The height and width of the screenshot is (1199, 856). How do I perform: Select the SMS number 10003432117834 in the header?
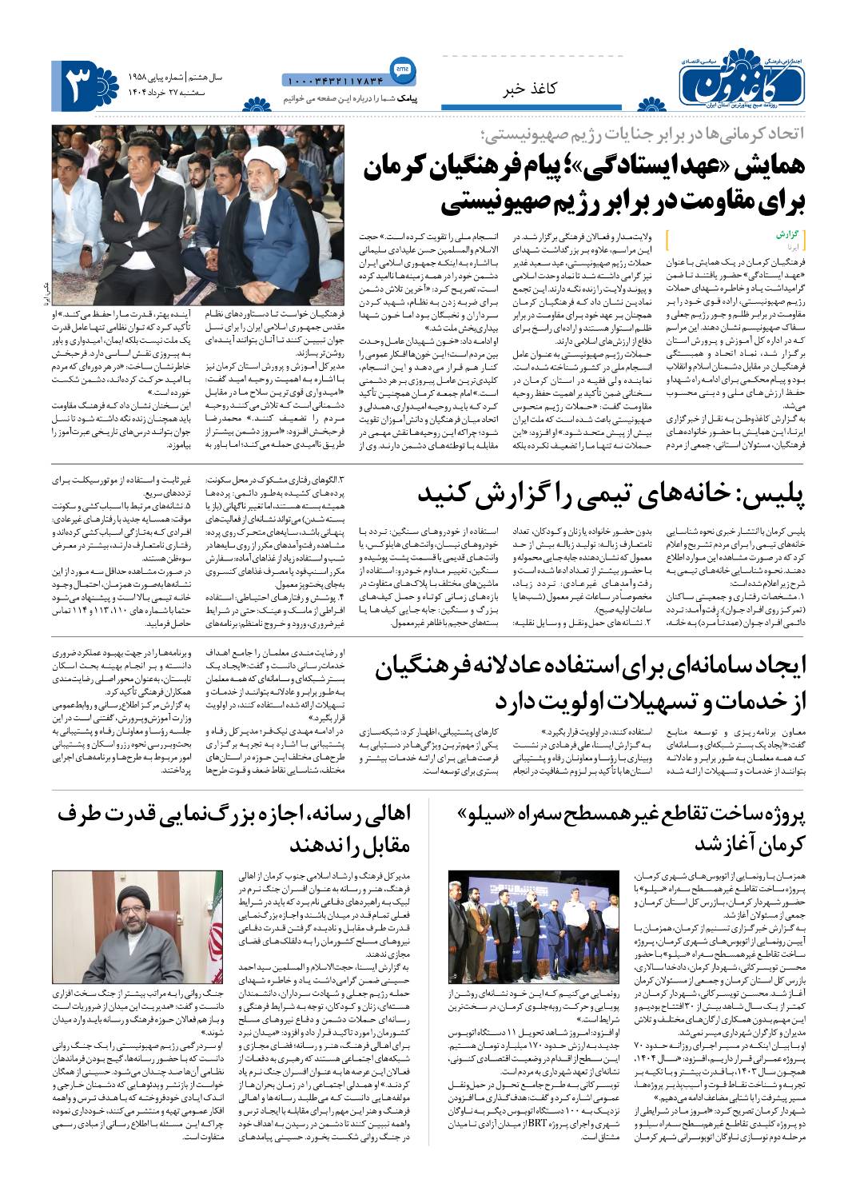click(334, 80)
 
